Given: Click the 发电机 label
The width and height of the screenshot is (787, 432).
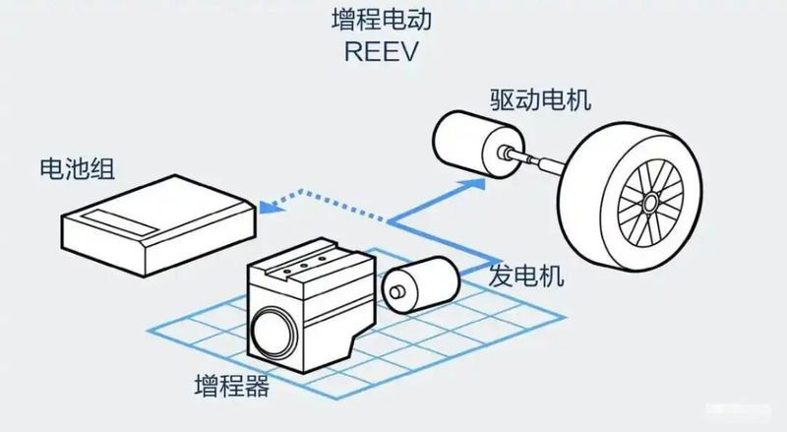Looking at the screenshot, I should (526, 276).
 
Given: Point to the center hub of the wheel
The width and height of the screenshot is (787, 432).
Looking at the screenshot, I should (649, 204).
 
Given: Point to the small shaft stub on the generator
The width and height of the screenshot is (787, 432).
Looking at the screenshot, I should (393, 292).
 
